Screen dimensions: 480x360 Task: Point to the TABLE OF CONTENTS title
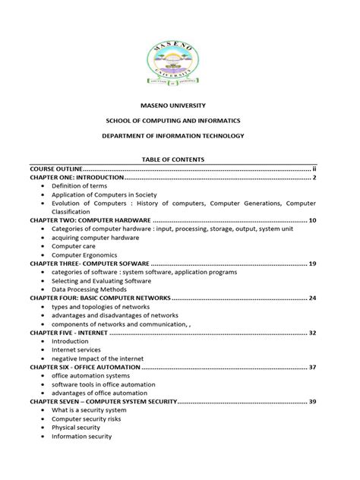(180, 159)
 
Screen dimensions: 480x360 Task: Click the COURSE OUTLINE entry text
(55, 168)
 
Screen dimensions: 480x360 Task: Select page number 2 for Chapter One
(313, 178)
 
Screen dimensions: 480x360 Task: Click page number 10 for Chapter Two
(311, 220)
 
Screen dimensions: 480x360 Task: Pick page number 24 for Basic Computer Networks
(311, 298)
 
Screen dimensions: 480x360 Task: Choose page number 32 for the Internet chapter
(311, 333)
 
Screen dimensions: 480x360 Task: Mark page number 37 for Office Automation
(311, 367)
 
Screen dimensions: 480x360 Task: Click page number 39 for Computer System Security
(311, 401)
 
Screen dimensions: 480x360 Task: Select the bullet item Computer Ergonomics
(84, 254)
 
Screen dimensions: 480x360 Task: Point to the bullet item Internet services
(77, 350)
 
